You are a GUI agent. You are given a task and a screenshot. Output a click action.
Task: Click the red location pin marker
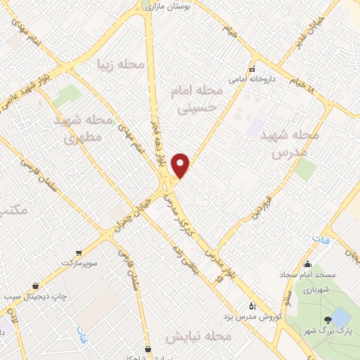[x=181, y=165]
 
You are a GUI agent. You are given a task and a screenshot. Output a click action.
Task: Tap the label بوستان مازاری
[x=173, y=6]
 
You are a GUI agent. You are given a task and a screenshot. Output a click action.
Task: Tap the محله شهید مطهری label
[x=84, y=129]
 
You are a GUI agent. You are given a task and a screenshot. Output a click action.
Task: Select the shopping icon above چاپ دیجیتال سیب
[x=35, y=285]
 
